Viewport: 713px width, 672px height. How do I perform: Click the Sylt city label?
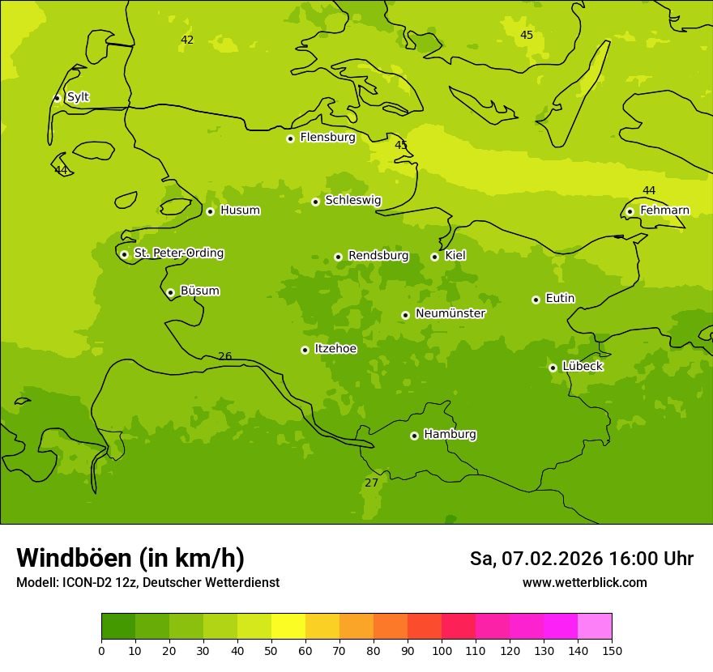pos(78,97)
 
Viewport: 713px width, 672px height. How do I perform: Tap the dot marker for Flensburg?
pos(290,138)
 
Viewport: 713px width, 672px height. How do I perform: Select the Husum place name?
pos(240,211)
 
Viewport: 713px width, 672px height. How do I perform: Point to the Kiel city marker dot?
pos(434,257)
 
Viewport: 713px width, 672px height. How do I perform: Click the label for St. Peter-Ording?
pos(178,253)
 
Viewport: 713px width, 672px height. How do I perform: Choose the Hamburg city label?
pos(450,435)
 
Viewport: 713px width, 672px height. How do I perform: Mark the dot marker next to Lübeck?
pos(553,368)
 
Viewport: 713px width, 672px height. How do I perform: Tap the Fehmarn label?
pos(664,211)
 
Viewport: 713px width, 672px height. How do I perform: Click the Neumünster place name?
pos(450,313)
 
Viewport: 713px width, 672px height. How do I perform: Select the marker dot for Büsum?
pos(170,292)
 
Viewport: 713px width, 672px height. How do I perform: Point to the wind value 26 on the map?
pos(225,356)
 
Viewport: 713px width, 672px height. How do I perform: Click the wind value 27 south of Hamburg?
pos(371,483)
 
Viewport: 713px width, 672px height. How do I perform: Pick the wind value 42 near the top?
pos(187,40)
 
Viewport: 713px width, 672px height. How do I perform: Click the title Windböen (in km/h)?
pos(130,558)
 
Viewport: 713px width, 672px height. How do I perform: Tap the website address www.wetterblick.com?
pos(584,582)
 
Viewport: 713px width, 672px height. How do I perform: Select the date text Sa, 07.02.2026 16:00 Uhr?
pos(581,559)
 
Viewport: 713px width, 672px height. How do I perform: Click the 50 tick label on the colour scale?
pos(271,650)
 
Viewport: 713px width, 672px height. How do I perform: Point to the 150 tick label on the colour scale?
pos(612,650)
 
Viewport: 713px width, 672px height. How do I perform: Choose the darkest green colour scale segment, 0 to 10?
pos(118,627)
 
